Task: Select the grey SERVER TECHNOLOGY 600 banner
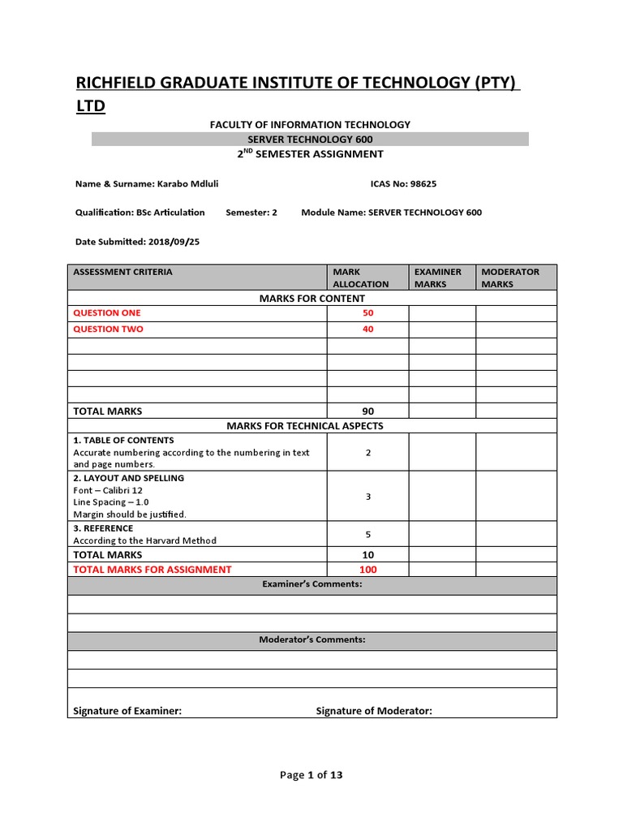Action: (x=311, y=140)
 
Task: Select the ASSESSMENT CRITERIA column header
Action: (x=123, y=272)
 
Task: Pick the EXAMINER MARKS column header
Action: (x=438, y=278)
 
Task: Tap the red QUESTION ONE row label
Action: (x=107, y=313)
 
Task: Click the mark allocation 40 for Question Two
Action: (x=367, y=329)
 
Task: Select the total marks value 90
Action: (x=367, y=411)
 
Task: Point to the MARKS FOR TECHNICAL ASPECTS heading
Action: (x=311, y=426)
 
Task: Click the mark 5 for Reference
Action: (x=367, y=534)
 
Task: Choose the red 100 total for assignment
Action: (x=367, y=570)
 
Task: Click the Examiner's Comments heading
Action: (x=311, y=584)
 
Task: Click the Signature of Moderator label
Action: (x=374, y=711)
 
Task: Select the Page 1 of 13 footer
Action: (x=311, y=775)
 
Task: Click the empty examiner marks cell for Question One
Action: (x=441, y=313)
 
